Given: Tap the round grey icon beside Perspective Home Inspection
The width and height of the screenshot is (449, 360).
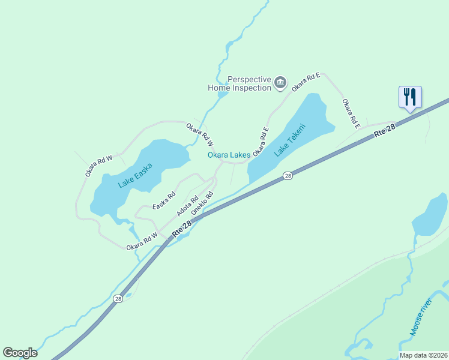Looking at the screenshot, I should click(280, 83).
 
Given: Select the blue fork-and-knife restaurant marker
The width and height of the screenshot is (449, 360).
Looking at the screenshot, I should click(411, 97).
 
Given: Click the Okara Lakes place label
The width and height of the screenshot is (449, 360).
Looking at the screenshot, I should click(229, 155).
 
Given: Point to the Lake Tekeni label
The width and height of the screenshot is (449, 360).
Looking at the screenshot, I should click(290, 140).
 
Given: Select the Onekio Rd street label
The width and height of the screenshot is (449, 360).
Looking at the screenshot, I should click(202, 203).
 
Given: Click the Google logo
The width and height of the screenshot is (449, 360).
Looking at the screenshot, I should click(20, 353).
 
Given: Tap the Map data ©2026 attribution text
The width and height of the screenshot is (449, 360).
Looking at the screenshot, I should click(423, 355).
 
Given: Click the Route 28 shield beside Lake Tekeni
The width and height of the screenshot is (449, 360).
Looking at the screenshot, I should click(288, 176).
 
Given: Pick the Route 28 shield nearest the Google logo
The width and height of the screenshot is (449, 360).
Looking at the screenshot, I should click(118, 298).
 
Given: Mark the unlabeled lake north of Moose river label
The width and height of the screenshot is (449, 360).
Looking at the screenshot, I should click(430, 216).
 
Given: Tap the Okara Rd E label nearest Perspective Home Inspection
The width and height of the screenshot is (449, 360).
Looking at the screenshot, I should click(306, 82).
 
